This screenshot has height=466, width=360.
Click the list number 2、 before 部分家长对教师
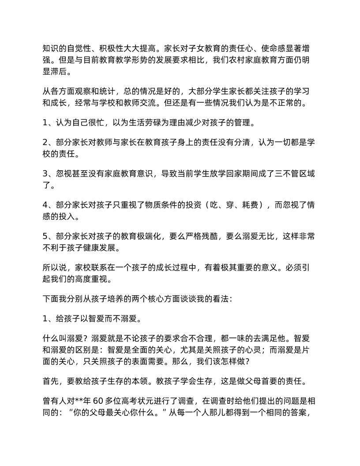click(x=48, y=143)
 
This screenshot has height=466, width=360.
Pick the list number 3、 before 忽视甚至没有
click(x=48, y=173)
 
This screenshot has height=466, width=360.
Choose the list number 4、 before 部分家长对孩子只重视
click(x=48, y=204)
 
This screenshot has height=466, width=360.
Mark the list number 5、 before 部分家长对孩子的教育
click(x=48, y=235)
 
